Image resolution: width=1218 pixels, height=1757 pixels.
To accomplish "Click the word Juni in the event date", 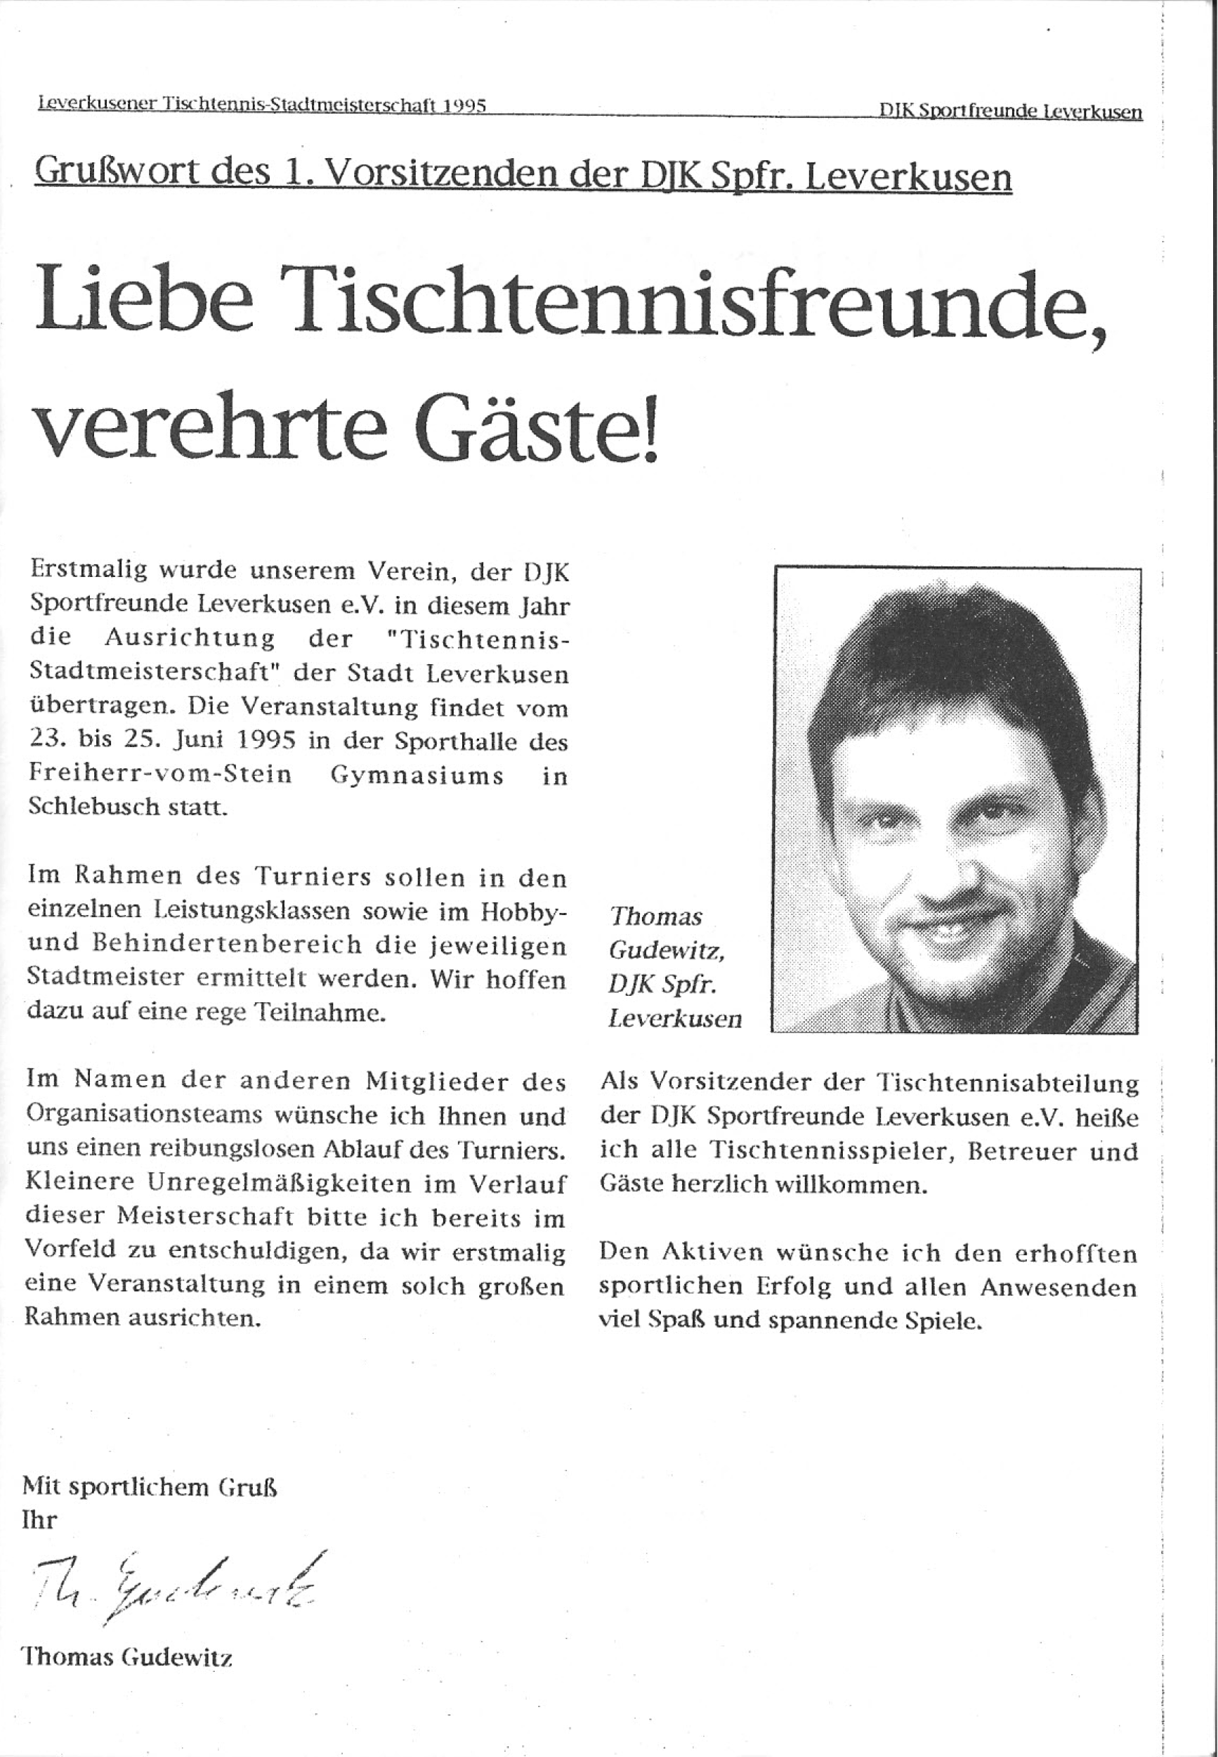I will (197, 741).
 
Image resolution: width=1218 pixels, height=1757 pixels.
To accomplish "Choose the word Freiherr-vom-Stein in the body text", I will (161, 774).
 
